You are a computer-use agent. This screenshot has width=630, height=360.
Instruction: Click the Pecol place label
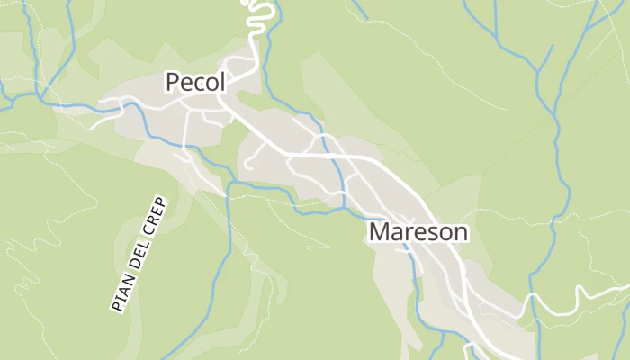click(194, 82)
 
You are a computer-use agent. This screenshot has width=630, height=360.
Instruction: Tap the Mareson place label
click(418, 232)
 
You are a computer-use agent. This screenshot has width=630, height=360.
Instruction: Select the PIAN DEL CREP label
click(139, 255)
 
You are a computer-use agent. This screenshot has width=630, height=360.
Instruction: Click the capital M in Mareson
click(380, 232)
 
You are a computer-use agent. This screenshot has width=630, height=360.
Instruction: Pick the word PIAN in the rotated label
click(121, 297)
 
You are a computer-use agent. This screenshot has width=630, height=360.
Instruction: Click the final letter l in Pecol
click(221, 82)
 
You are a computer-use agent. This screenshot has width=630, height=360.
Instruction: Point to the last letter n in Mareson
click(460, 233)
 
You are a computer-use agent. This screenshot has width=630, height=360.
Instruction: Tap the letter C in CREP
click(150, 229)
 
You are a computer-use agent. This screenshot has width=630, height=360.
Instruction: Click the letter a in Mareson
click(399, 233)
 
